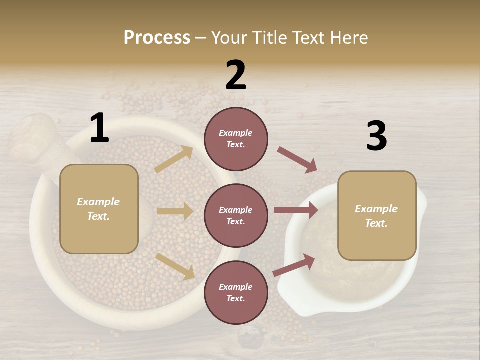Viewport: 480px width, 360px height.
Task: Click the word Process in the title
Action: [x=157, y=37]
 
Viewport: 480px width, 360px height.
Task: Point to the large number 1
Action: [x=99, y=128]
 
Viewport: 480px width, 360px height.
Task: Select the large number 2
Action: [x=236, y=75]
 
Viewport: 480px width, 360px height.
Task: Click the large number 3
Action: [x=376, y=136]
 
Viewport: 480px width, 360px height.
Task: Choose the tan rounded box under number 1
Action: [x=99, y=209]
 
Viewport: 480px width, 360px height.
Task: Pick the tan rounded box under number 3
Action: [x=377, y=216]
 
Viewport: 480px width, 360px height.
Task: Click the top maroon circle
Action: [x=236, y=139]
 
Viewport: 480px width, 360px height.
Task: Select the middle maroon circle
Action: [x=236, y=216]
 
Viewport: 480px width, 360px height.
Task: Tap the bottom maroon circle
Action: [x=236, y=293]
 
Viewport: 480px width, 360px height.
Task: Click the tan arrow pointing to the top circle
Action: [x=174, y=159]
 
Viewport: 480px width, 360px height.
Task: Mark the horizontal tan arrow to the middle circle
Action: [x=175, y=211]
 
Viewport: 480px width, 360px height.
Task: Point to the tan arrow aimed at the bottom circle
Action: [x=175, y=266]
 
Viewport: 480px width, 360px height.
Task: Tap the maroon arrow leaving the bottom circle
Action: [x=294, y=265]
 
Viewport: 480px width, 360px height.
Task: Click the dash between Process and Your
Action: [x=201, y=38]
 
